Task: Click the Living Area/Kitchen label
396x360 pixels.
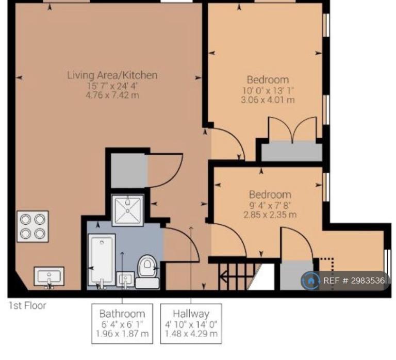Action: pyautogui.click(x=112, y=75)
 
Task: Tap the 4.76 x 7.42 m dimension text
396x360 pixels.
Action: pyautogui.click(x=112, y=95)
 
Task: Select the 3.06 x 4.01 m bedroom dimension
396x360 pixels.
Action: pyautogui.click(x=268, y=100)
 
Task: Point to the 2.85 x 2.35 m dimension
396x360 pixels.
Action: pyautogui.click(x=270, y=215)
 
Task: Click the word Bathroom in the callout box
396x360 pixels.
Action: pyautogui.click(x=122, y=314)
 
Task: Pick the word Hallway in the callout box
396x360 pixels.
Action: pyautogui.click(x=191, y=314)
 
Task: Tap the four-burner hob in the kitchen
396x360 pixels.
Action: pyautogui.click(x=32, y=226)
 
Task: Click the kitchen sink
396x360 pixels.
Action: pyautogui.click(x=49, y=276)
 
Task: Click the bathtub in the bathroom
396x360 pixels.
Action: pyautogui.click(x=102, y=260)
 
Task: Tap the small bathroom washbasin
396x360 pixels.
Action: pyautogui.click(x=125, y=279)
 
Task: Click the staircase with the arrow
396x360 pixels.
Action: pyautogui.click(x=237, y=277)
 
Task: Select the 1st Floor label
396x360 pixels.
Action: pyautogui.click(x=27, y=306)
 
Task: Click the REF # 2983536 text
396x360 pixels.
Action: pyautogui.click(x=354, y=281)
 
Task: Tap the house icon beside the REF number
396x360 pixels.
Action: pyautogui.click(x=310, y=281)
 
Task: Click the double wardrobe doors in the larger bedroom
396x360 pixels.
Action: pyautogui.click(x=292, y=129)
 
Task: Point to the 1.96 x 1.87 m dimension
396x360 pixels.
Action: pyautogui.click(x=122, y=334)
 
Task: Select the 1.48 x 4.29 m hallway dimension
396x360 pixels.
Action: pyautogui.click(x=191, y=334)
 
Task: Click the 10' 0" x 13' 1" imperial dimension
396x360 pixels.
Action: pyautogui.click(x=268, y=90)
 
